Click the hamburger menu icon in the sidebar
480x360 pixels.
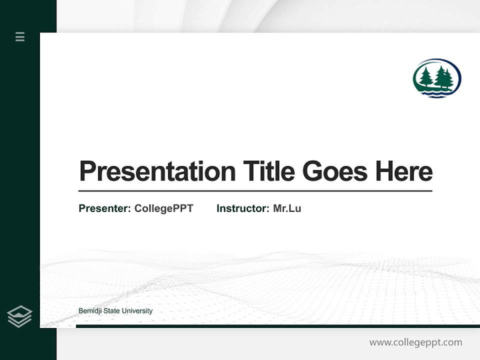click(20, 36)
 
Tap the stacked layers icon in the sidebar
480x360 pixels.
click(19, 316)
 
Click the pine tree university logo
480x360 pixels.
click(436, 78)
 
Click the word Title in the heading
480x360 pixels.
click(269, 171)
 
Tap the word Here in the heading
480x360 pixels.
click(404, 171)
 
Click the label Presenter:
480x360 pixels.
click(105, 208)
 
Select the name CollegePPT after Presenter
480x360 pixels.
click(163, 208)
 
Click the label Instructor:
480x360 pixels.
click(243, 208)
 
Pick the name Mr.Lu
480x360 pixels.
click(287, 208)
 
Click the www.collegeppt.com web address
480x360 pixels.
click(415, 342)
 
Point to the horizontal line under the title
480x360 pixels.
click(255, 190)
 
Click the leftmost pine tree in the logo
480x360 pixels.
click(425, 77)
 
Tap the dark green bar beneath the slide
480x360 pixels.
click(277, 326)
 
